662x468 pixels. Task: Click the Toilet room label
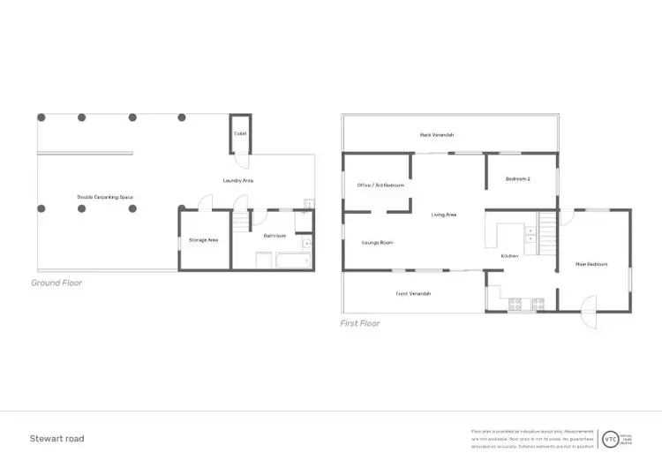click(x=240, y=133)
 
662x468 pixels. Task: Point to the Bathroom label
click(x=274, y=236)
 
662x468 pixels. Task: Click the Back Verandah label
click(x=436, y=135)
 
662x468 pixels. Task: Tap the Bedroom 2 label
click(x=517, y=179)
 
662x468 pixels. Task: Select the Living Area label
click(x=443, y=215)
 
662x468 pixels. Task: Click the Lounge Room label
click(x=378, y=242)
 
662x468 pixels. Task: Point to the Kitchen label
click(x=509, y=256)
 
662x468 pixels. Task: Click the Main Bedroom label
click(x=591, y=264)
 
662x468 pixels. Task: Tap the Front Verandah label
click(x=413, y=293)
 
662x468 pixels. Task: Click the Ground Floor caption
click(x=56, y=283)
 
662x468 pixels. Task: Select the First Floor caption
click(x=360, y=323)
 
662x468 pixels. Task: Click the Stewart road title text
click(x=57, y=438)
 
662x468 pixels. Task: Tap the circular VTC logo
click(x=610, y=438)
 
